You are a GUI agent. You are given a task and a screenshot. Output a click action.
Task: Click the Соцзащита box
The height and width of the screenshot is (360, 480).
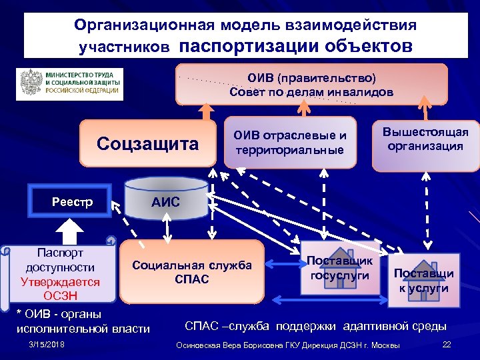147,143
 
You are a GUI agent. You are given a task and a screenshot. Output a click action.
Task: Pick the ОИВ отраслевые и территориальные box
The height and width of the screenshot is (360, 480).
289,143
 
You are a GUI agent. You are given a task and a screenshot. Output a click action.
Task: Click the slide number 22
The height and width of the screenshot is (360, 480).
447,343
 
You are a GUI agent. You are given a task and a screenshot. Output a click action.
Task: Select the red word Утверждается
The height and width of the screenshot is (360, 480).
60,281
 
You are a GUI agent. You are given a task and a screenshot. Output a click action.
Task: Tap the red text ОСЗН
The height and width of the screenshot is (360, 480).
61,295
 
